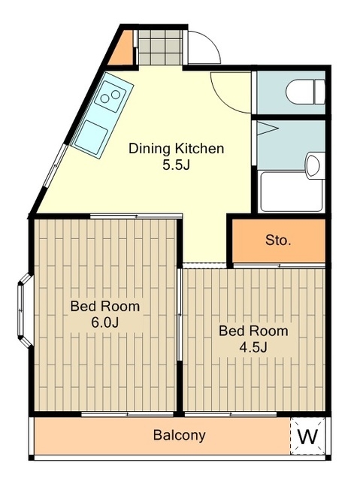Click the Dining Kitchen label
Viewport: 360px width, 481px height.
(x=176, y=149)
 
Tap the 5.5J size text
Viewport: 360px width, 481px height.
(x=176, y=165)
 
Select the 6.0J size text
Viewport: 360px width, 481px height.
(x=104, y=322)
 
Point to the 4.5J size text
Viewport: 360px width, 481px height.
(x=253, y=347)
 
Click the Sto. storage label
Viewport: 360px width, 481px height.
(x=278, y=240)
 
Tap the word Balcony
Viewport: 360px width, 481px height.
(x=180, y=435)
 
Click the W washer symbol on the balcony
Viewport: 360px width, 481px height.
(x=308, y=436)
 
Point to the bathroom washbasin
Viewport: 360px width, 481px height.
(x=315, y=165)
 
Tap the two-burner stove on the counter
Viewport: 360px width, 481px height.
(x=110, y=95)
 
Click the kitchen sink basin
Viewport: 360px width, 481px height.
(x=92, y=138)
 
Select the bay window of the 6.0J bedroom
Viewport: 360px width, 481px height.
(x=25, y=310)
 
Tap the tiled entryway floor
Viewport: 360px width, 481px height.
(x=159, y=47)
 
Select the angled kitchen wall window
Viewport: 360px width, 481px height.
(x=55, y=165)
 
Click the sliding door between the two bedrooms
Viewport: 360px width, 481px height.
(x=180, y=314)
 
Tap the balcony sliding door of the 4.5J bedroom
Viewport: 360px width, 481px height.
(x=231, y=414)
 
